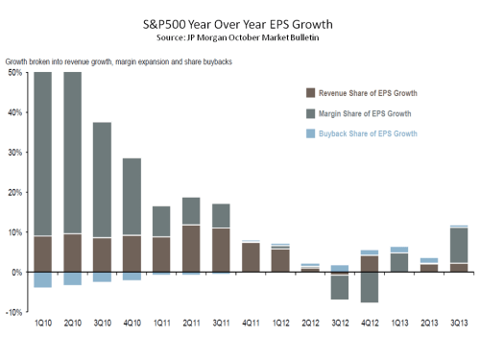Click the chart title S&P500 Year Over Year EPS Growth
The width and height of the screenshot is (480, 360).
point(240,23)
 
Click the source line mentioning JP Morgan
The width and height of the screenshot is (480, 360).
point(240,37)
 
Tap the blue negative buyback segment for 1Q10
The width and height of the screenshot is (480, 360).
point(42,279)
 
